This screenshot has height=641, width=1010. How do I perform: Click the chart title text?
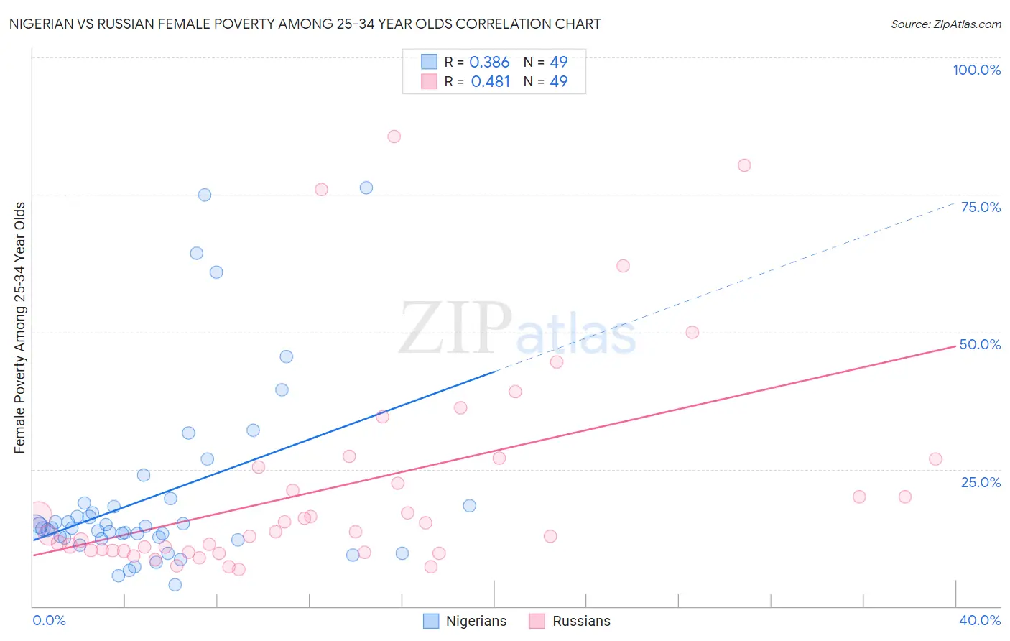click(x=305, y=24)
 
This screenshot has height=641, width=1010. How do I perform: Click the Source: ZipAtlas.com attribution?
click(x=945, y=24)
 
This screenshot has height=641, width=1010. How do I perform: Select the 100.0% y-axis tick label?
click(x=976, y=70)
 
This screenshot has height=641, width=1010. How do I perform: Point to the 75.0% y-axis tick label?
click(x=981, y=207)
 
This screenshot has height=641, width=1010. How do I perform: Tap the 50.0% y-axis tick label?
click(x=980, y=344)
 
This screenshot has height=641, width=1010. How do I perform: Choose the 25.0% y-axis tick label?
click(x=981, y=481)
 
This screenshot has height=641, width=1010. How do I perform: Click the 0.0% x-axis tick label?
click(x=49, y=620)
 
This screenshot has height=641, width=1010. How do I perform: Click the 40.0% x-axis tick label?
click(x=979, y=620)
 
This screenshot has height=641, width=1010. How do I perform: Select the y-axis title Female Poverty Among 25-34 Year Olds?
click(x=19, y=328)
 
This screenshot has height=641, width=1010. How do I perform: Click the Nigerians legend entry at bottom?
click(x=465, y=621)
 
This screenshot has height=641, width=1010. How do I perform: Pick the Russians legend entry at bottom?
click(x=570, y=621)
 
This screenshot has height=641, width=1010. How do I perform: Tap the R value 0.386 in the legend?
click(x=489, y=62)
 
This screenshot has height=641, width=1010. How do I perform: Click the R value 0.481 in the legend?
click(x=490, y=81)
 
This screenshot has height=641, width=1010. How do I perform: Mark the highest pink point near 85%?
click(x=394, y=137)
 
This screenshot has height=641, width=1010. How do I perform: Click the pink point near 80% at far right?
click(x=744, y=165)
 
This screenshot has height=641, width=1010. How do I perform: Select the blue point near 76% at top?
click(x=366, y=188)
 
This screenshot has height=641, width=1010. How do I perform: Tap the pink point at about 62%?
click(x=623, y=266)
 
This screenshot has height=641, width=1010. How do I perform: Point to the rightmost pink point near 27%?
click(x=935, y=459)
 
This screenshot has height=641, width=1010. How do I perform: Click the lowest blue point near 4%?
click(x=175, y=585)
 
